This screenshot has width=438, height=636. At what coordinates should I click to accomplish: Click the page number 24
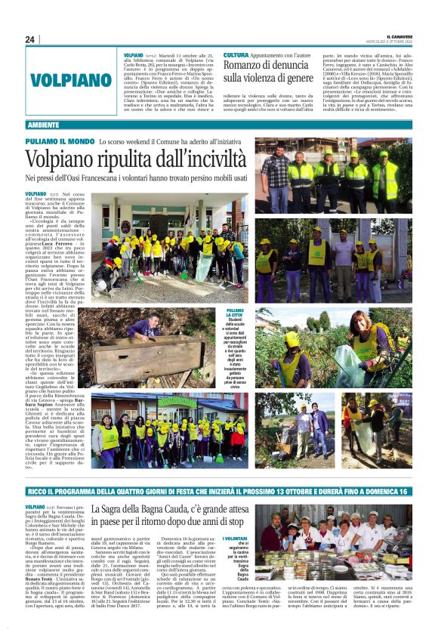coord(30,39)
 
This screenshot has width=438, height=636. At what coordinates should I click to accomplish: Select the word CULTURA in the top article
coord(236,56)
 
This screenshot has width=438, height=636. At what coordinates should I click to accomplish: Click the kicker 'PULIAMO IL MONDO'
coord(60,141)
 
